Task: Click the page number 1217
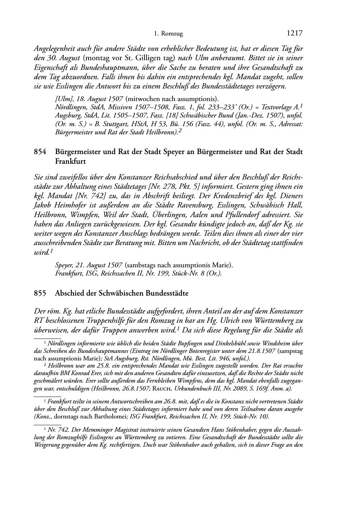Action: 295,34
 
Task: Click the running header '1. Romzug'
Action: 168,34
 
